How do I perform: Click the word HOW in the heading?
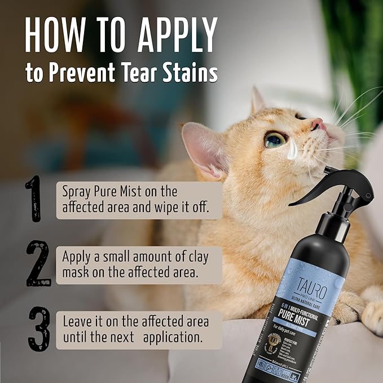(x=53, y=36)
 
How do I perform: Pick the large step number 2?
(x=38, y=262)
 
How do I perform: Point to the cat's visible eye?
(x=276, y=139)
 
